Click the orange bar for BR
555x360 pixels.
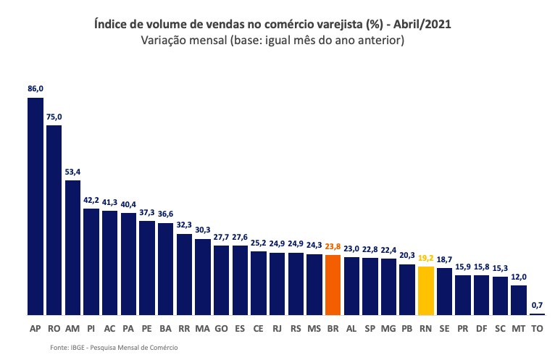click(x=333, y=285)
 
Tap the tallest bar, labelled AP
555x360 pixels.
click(x=35, y=206)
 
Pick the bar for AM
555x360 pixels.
click(x=72, y=248)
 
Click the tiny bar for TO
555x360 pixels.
click(x=538, y=314)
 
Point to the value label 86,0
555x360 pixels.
click(x=35, y=88)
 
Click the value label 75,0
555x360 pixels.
click(x=54, y=117)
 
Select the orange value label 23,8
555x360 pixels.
click(x=333, y=246)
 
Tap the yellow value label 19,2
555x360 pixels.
click(x=426, y=258)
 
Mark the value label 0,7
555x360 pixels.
click(x=538, y=305)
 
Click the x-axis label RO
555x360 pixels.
click(x=54, y=328)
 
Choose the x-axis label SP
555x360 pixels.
click(x=370, y=328)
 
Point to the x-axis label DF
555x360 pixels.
click(x=482, y=328)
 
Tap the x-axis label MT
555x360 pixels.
click(x=519, y=328)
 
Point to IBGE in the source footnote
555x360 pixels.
click(x=78, y=348)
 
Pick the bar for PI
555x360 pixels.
click(x=91, y=261)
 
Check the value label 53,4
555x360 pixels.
click(x=72, y=172)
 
